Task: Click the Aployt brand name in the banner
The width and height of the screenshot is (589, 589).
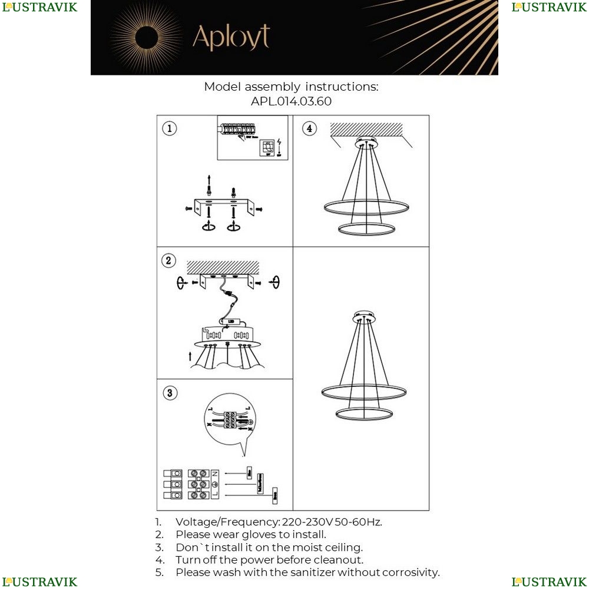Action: (231, 37)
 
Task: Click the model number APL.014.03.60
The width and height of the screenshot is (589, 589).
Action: (291, 101)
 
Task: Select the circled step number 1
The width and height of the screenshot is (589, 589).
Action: (169, 128)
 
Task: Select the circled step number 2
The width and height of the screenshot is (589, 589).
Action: (169, 261)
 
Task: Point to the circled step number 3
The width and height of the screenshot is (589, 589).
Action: (170, 393)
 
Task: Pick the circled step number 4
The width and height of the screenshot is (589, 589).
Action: (309, 128)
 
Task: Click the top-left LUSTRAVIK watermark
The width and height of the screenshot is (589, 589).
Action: (39, 7)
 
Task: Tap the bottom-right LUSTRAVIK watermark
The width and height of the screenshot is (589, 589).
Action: (549, 582)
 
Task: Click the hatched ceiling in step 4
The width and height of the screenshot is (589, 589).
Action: (366, 128)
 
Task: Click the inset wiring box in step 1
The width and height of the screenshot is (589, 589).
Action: (252, 138)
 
